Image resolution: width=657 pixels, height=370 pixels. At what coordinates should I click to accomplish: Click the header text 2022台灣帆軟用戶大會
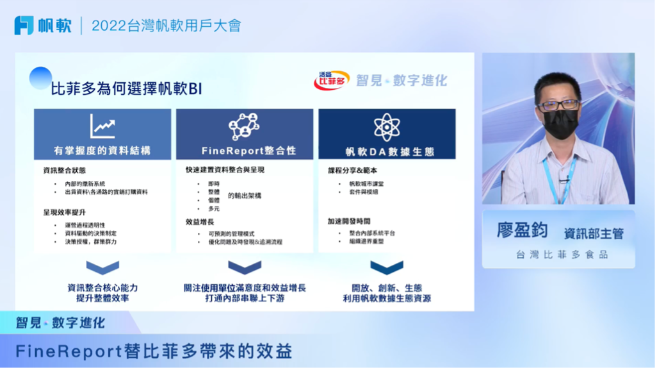tap(166, 26)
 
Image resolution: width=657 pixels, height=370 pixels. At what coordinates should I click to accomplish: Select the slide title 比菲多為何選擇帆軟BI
tap(126, 88)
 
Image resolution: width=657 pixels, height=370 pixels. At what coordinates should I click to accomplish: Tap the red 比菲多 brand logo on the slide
tap(331, 80)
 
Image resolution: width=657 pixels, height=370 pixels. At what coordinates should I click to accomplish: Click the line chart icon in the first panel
tap(102, 126)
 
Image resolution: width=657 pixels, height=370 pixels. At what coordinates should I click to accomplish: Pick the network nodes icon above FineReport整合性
tap(244, 126)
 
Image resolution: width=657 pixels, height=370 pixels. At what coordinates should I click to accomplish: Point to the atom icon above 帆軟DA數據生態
tap(387, 127)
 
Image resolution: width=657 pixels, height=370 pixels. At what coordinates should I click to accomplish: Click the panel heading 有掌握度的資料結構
tap(102, 151)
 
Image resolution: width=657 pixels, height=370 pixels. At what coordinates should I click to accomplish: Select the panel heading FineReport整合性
tap(244, 151)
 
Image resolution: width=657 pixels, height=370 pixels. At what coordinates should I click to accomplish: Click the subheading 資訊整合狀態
tap(64, 171)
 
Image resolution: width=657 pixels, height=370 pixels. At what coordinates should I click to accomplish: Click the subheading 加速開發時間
tap(349, 221)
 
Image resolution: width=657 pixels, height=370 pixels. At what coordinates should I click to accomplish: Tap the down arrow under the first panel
tap(102, 267)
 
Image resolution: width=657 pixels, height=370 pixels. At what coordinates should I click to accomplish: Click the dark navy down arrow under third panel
tap(387, 267)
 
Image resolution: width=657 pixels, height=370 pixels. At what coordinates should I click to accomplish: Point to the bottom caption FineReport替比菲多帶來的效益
tap(154, 351)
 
